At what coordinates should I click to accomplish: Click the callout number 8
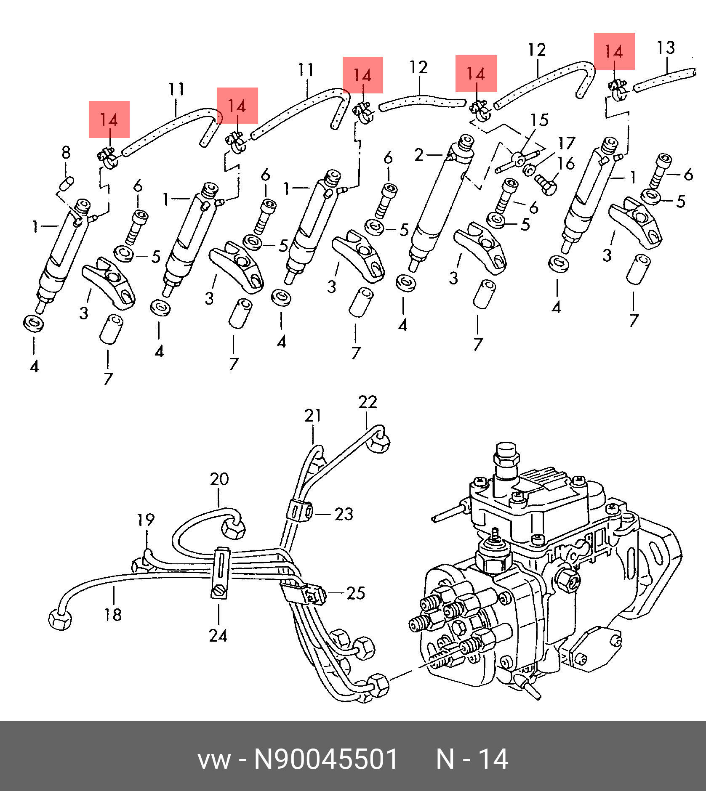coord(66,152)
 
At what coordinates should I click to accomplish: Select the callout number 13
coord(666,48)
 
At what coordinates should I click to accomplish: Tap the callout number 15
coord(539,120)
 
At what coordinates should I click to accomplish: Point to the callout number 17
coord(567,143)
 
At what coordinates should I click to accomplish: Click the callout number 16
coord(566,164)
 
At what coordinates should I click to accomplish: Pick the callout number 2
coord(418,155)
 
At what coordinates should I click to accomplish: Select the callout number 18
coord(113,615)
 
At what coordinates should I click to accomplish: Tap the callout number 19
coord(146,520)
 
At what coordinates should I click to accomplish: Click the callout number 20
coord(219,479)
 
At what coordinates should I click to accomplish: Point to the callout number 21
coord(313,416)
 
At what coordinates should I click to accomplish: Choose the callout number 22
coord(368,402)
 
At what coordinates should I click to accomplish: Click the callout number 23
coord(344,514)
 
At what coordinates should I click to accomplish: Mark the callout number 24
coord(218,635)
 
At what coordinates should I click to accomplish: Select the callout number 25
coord(356,593)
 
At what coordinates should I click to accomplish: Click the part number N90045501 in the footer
coord(326,759)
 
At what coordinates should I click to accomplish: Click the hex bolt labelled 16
coord(546,185)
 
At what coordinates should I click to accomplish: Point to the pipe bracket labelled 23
coord(300,511)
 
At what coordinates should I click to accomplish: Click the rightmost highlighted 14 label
coord(614,51)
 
